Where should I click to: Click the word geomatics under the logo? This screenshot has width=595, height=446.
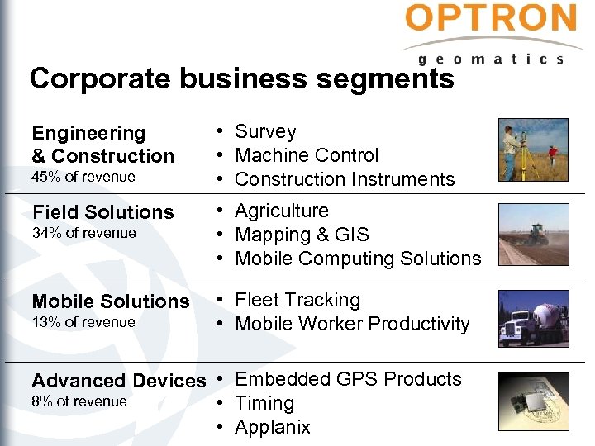point(491,59)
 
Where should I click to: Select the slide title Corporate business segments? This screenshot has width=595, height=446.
point(241,78)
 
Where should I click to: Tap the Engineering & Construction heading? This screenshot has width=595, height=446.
point(102,145)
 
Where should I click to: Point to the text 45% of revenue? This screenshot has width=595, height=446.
point(83,176)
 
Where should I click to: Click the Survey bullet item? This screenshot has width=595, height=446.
point(265,131)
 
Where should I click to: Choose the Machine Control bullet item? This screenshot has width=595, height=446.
point(307,155)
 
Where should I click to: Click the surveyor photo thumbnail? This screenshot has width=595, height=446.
point(533,149)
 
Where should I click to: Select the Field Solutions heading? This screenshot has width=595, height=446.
point(102,212)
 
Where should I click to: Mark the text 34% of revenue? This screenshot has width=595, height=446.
point(83,233)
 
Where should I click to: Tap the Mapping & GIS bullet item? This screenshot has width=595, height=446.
point(302,235)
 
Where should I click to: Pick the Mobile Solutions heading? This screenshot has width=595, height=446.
point(110,301)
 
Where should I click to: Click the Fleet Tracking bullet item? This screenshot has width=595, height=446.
point(297,300)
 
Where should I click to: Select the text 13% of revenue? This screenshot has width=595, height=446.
point(83,322)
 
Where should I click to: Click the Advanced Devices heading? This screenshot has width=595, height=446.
point(117,381)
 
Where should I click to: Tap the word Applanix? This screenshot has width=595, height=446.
point(273,427)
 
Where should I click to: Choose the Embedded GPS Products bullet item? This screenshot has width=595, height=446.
point(348,379)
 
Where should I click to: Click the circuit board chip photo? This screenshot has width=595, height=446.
point(533,402)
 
